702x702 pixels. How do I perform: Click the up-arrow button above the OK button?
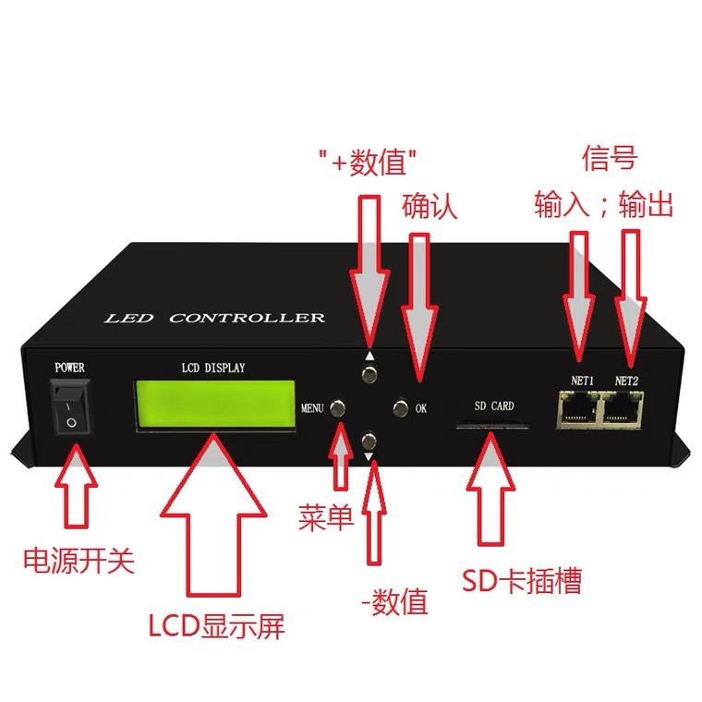click(369, 373)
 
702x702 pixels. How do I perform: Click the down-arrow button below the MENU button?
click(369, 440)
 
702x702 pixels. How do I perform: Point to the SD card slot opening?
click(491, 427)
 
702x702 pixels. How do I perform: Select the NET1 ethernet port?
click(577, 407)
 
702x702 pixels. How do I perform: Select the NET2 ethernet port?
click(624, 407)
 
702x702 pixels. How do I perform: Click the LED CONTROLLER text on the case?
click(214, 319)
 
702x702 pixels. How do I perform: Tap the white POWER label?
click(70, 368)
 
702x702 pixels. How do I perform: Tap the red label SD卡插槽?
click(522, 581)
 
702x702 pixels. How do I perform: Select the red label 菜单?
click(326, 517)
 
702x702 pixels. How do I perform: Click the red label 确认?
click(430, 206)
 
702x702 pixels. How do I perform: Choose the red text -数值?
click(394, 603)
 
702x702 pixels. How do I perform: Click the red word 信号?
click(611, 158)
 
